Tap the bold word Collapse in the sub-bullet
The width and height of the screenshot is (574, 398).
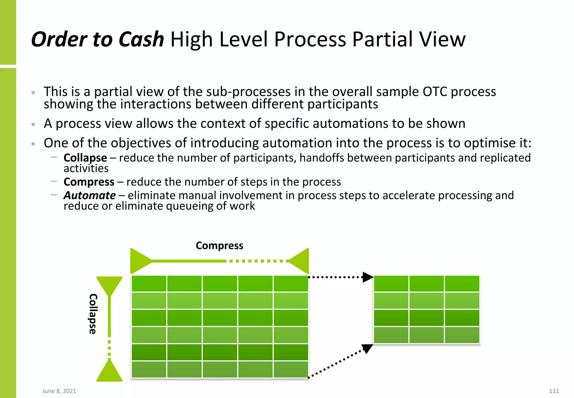(85, 158)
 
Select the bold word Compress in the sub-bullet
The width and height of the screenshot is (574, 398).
(89, 182)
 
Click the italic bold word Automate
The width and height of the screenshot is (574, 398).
(89, 195)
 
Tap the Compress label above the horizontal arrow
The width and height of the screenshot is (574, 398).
(219, 246)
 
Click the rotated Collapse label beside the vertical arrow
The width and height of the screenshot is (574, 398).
(93, 314)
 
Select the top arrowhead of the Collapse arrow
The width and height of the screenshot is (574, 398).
(109, 285)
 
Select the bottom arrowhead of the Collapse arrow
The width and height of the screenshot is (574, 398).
(109, 372)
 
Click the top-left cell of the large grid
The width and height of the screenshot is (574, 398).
(149, 283)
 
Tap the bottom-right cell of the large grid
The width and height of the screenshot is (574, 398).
(291, 369)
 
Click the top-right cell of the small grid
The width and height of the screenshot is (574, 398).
(462, 283)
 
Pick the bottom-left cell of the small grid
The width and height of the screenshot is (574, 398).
(391, 335)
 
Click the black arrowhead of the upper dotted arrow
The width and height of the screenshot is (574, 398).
(368, 277)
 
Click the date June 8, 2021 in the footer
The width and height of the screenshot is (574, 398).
(59, 391)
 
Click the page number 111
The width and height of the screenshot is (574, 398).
(554, 391)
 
